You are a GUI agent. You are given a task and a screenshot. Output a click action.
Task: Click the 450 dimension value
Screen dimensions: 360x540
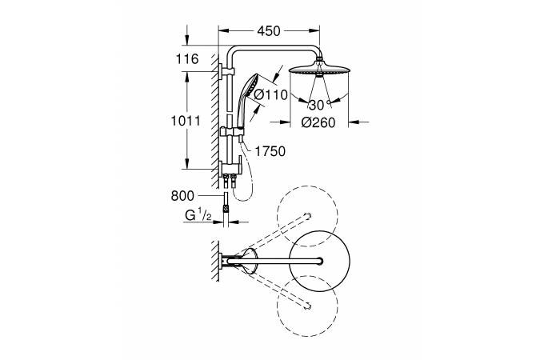pyautogui.click(x=269, y=31)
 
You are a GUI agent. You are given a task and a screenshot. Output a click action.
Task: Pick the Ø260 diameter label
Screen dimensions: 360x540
pyautogui.click(x=319, y=122)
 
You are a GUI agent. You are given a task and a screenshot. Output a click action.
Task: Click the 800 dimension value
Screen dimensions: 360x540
pyautogui.click(x=183, y=194)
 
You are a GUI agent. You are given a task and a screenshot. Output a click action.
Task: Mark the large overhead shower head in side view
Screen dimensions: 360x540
pyautogui.click(x=319, y=70)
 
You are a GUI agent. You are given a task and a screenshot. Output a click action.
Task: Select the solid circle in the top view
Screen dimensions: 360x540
pyautogui.click(x=321, y=261)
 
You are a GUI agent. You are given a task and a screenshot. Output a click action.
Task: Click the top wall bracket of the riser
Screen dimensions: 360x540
pyautogui.click(x=223, y=76)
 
